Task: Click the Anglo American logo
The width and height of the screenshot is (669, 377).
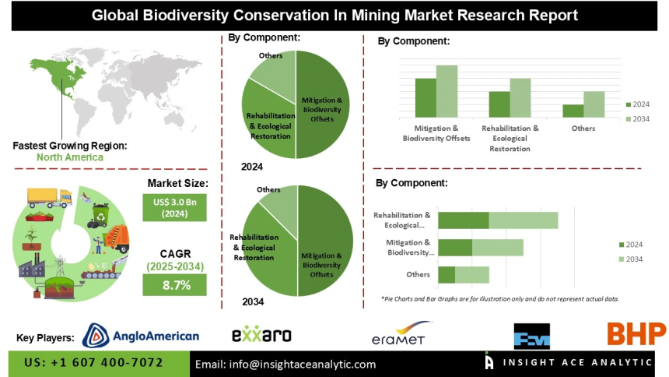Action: click(x=140, y=336)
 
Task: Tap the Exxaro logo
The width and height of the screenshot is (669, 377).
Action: click(x=261, y=335)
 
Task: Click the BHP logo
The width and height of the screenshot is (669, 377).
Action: click(x=636, y=334)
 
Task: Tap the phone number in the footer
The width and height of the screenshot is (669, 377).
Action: click(x=93, y=363)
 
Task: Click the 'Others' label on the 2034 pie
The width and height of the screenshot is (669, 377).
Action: click(x=268, y=189)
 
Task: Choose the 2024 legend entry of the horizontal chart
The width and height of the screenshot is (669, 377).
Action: click(x=632, y=244)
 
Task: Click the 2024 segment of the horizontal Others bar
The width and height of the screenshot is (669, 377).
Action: click(x=447, y=275)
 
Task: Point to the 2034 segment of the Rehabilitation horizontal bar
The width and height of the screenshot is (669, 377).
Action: click(x=523, y=220)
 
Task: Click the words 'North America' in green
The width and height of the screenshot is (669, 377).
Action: click(x=69, y=157)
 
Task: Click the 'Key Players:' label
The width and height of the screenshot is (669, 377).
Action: click(x=45, y=337)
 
